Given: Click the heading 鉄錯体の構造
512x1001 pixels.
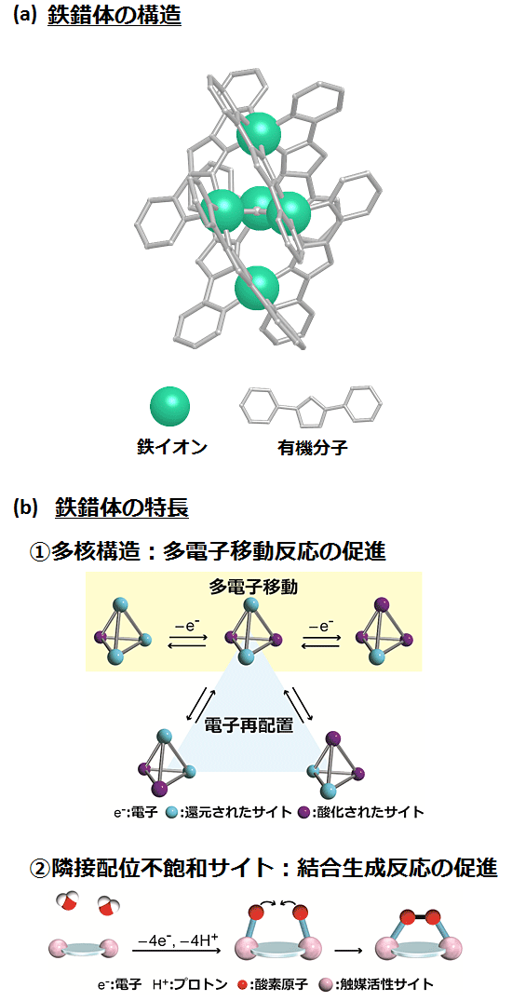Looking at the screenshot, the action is tap(115, 15).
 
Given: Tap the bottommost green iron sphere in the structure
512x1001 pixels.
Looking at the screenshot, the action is tap(257, 288).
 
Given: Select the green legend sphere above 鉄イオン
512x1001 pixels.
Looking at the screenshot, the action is tap(170, 407).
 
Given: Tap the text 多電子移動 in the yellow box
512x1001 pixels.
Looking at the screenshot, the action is tap(253, 587).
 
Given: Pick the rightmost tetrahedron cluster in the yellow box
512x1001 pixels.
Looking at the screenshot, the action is tap(384, 631).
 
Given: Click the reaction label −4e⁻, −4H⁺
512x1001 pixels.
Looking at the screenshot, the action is tap(176, 939).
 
